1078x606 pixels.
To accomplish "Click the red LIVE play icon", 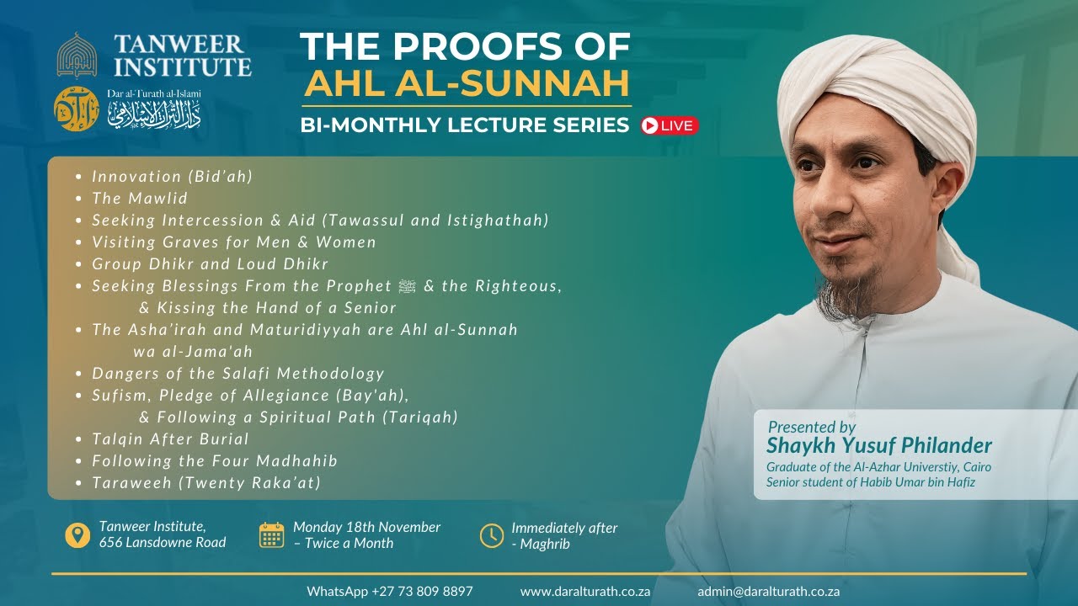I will pyautogui.click(x=650, y=125).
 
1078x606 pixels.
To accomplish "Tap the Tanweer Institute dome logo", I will pyautogui.click(x=77, y=55).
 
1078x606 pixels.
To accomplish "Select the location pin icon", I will pyautogui.click(x=77, y=534).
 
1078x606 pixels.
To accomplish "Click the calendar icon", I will pyautogui.click(x=271, y=534).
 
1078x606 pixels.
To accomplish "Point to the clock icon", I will pyautogui.click(x=491, y=534).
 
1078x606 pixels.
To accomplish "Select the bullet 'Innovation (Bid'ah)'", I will pyautogui.click(x=173, y=177).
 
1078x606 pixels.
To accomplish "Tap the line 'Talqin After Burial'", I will pyautogui.click(x=170, y=439).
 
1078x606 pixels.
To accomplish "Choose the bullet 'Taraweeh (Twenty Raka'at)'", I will pyautogui.click(x=206, y=482).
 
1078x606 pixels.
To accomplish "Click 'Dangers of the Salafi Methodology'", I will pyautogui.click(x=238, y=373).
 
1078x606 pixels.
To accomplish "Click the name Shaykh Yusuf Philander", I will pyautogui.click(x=879, y=445).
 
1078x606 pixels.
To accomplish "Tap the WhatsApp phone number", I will pyautogui.click(x=390, y=591).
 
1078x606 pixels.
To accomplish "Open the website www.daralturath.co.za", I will pyautogui.click(x=585, y=591).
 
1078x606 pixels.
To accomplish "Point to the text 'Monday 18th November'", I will pyautogui.click(x=366, y=527).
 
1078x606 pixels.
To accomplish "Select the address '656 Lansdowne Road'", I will pyautogui.click(x=163, y=543).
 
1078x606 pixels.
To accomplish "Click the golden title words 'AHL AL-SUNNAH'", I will pyautogui.click(x=467, y=83).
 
